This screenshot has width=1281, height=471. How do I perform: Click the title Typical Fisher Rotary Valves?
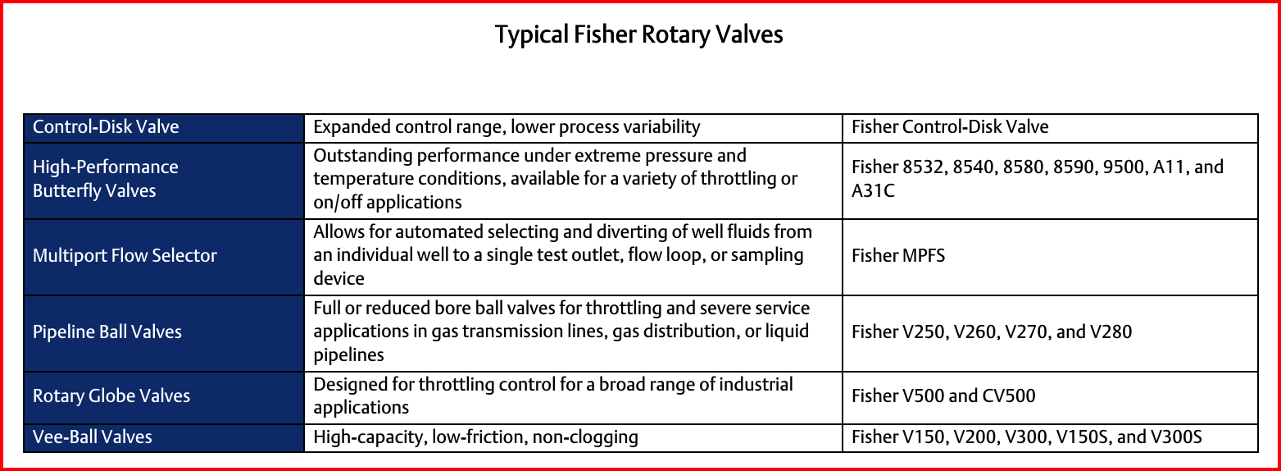(638, 35)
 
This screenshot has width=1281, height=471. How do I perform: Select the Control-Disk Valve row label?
(106, 126)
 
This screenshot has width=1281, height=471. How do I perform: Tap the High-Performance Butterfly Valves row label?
(106, 179)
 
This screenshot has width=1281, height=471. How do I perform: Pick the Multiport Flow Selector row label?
(125, 255)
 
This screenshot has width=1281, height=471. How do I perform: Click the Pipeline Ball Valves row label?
(107, 332)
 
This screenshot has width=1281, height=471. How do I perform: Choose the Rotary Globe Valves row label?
(111, 396)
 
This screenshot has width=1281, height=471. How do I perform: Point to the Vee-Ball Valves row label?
(93, 437)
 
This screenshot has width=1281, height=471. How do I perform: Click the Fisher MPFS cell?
(898, 255)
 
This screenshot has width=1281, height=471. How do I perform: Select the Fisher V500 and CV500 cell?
(943, 396)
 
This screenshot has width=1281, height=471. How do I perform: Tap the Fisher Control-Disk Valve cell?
(950, 126)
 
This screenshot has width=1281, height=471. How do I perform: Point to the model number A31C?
(873, 190)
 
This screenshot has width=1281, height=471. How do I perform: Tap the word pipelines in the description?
(349, 355)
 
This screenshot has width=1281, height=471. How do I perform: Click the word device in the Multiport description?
(338, 279)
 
